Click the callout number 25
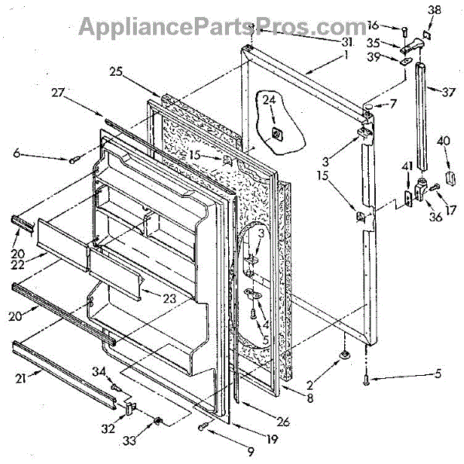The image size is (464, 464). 116,71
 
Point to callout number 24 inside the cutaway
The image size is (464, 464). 268,99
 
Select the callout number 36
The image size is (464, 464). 436,217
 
